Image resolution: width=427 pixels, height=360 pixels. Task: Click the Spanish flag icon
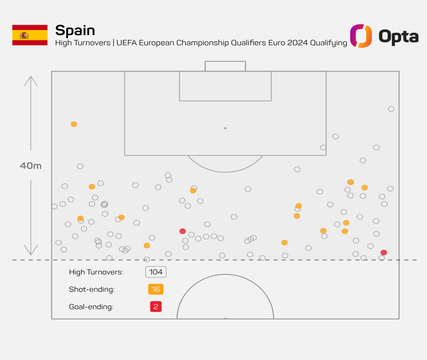(x=30, y=35)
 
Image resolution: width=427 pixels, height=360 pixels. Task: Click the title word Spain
(x=75, y=30)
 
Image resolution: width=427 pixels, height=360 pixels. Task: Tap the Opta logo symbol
(x=361, y=36)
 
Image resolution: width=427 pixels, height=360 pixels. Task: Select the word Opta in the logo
(x=398, y=36)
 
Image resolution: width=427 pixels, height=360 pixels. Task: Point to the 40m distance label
(x=31, y=166)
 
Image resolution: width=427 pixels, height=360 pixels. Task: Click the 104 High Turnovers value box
(x=156, y=272)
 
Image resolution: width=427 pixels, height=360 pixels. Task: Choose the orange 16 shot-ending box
(x=156, y=289)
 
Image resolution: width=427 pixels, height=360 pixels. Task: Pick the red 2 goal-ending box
(x=156, y=307)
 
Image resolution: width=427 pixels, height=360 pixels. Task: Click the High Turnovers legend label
(x=96, y=272)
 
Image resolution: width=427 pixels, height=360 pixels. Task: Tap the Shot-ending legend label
(x=92, y=289)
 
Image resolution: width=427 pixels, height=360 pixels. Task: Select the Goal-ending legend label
(x=91, y=307)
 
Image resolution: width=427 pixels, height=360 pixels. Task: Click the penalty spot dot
(x=225, y=128)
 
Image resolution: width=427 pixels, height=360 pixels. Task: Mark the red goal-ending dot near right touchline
(x=384, y=252)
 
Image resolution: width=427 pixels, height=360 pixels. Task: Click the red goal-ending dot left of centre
(x=182, y=231)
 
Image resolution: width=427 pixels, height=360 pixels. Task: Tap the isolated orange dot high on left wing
(x=74, y=124)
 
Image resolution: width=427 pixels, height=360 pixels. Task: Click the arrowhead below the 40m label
(x=31, y=251)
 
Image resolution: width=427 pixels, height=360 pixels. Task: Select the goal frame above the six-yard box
(x=225, y=66)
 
